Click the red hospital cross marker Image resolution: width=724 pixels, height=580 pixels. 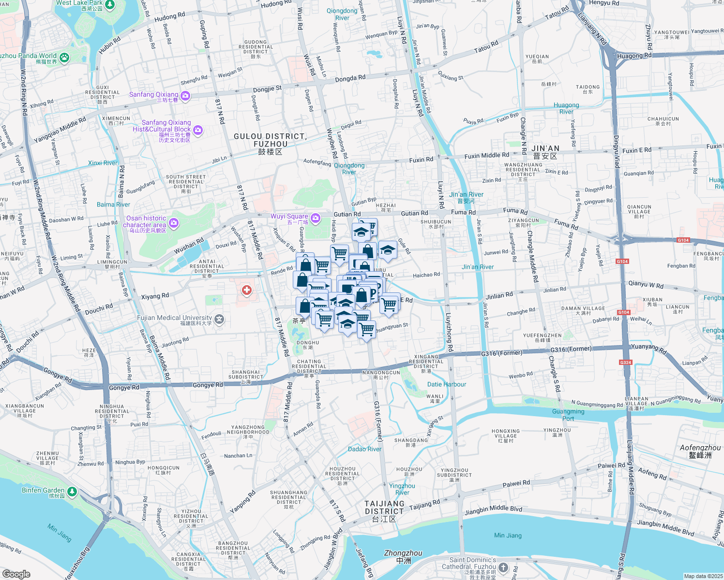pos(247,290)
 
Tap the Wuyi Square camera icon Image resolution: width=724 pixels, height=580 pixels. pos(316,219)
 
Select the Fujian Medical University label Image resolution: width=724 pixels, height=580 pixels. pos(174,318)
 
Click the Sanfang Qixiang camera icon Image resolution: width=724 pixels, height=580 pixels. pos(185,96)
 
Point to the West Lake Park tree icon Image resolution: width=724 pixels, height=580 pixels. pos(110,5)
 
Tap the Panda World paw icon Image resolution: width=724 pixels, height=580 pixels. pos(64,58)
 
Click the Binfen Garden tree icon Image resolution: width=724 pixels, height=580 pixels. pos(72,492)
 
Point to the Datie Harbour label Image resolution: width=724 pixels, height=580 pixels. pos(447,384)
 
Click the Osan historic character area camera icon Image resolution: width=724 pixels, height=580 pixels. pos(174,223)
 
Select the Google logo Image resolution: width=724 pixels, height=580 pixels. pos(16,574)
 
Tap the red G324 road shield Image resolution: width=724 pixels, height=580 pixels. pos(625,362)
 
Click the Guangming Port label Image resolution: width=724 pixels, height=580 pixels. pos(568,415)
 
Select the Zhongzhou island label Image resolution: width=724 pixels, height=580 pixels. pos(403,556)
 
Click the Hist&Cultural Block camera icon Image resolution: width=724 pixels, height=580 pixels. pos(197,130)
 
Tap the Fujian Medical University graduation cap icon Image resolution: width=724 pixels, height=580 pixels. pos(219,319)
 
